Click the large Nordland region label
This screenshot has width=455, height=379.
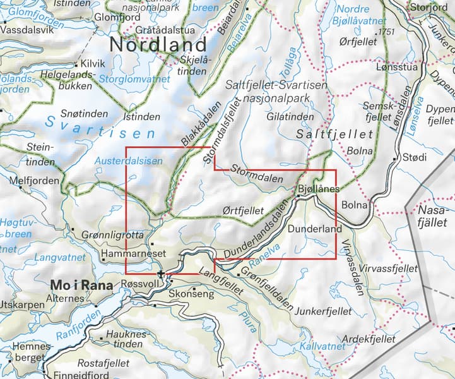tap(158, 45)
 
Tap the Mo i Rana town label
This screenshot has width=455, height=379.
tap(81, 285)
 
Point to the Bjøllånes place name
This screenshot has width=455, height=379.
tap(319, 189)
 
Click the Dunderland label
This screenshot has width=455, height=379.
tap(314, 229)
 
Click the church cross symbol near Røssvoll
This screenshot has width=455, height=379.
tap(162, 274)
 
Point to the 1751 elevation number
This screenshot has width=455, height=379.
tap(384, 31)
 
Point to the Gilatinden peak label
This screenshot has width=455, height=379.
tap(290, 117)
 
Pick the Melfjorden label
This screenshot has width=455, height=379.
tap(35, 181)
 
